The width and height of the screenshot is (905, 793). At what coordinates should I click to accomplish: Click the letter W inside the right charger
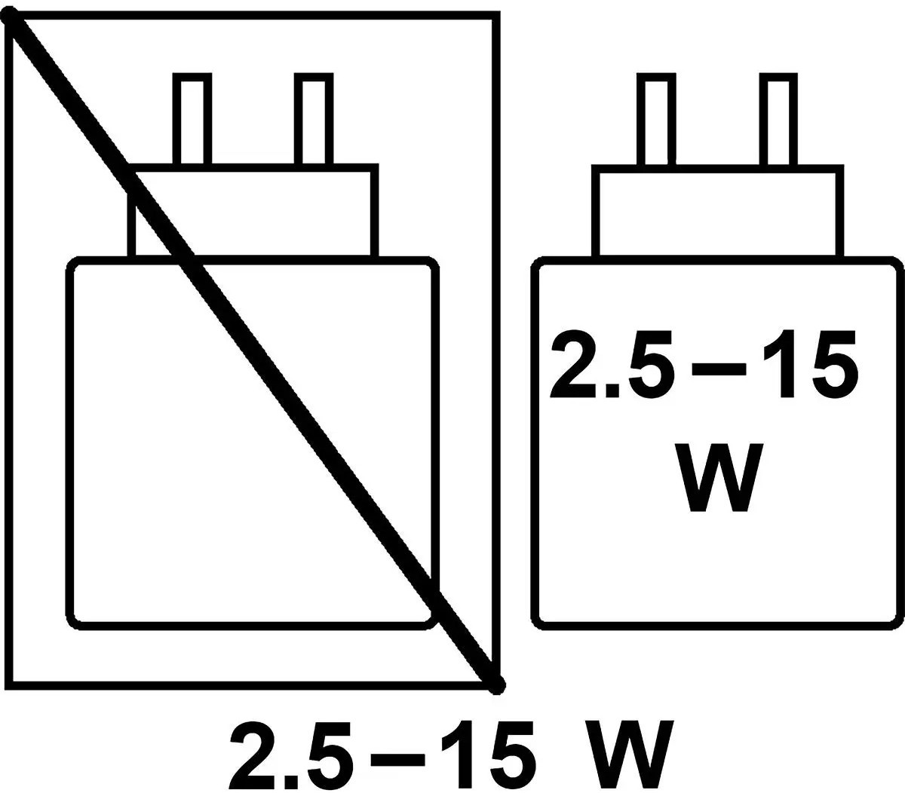[718, 478]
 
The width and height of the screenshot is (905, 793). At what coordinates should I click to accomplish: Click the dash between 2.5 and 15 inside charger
[719, 369]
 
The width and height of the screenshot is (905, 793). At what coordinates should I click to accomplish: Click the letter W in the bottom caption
[629, 754]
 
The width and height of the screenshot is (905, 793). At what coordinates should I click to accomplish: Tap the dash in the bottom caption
[397, 759]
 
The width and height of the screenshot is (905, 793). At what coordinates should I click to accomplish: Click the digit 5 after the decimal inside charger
[651, 364]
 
